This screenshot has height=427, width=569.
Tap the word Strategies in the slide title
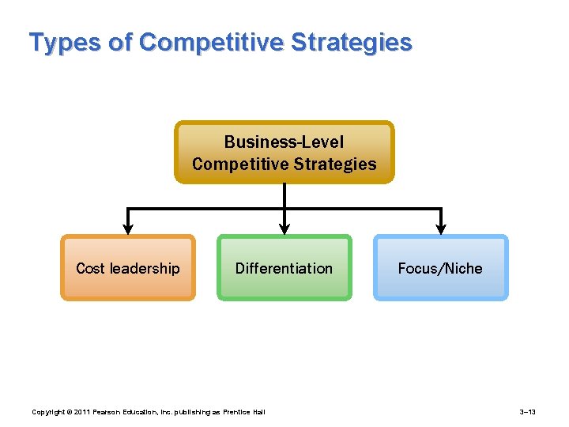pos(352,42)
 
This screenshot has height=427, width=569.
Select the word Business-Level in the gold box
pos(284,142)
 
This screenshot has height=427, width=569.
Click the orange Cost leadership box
pos(127,268)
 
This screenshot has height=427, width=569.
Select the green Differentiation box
pos(284,268)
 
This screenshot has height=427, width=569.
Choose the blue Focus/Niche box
pos(440,268)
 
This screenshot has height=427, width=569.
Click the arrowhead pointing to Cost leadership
pos(127,229)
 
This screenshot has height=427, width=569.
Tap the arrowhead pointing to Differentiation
pos(284,229)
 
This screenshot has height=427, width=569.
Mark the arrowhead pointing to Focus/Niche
pos(441,229)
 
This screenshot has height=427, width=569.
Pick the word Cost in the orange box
pos(90,268)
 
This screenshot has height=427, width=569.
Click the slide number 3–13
pos(529,412)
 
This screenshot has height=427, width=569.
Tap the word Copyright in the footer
pos(46,412)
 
